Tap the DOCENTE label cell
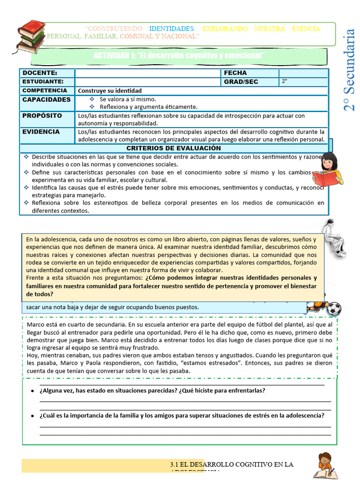40,73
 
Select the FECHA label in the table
235,73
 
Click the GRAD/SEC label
241,82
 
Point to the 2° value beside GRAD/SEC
285,82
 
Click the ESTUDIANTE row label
43,82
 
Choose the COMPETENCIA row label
45,90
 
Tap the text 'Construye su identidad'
110,90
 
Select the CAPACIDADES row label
46,100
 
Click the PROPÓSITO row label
42,115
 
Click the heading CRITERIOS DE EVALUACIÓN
173,148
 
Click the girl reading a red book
328,169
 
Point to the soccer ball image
334,309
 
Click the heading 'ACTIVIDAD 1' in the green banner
179,56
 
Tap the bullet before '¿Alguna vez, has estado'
31,391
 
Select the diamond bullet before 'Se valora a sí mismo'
92,99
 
